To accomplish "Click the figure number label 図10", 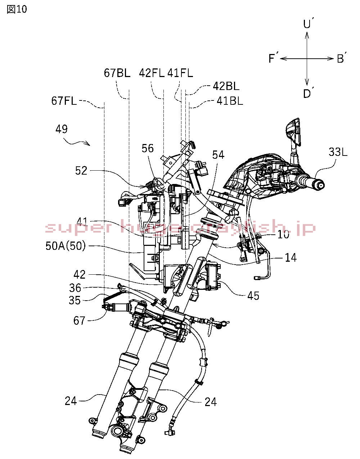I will pyautogui.click(x=17, y=9).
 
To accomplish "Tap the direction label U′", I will pyautogui.click(x=308, y=24).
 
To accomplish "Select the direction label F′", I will pyautogui.click(x=274, y=58).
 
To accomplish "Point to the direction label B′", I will pyautogui.click(x=342, y=58).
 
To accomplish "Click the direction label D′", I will pyautogui.click(x=308, y=94).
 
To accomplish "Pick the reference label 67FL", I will pyautogui.click(x=64, y=101).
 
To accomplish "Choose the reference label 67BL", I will pyautogui.click(x=117, y=73).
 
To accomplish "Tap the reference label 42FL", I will pyautogui.click(x=152, y=73).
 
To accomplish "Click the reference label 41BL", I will pyautogui.click(x=230, y=101).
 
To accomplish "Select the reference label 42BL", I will pyautogui.click(x=226, y=86).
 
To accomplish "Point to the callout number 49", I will pyautogui.click(x=62, y=129).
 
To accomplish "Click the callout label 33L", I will pyautogui.click(x=338, y=152).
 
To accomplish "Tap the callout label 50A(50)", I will pyautogui.click(x=66, y=247).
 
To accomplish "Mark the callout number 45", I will pyautogui.click(x=253, y=296).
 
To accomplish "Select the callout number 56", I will pyautogui.click(x=148, y=148).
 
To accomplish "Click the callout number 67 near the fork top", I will pyautogui.click(x=79, y=320).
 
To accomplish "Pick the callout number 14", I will pyautogui.click(x=291, y=258).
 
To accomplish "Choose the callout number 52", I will pyautogui.click(x=81, y=170).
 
